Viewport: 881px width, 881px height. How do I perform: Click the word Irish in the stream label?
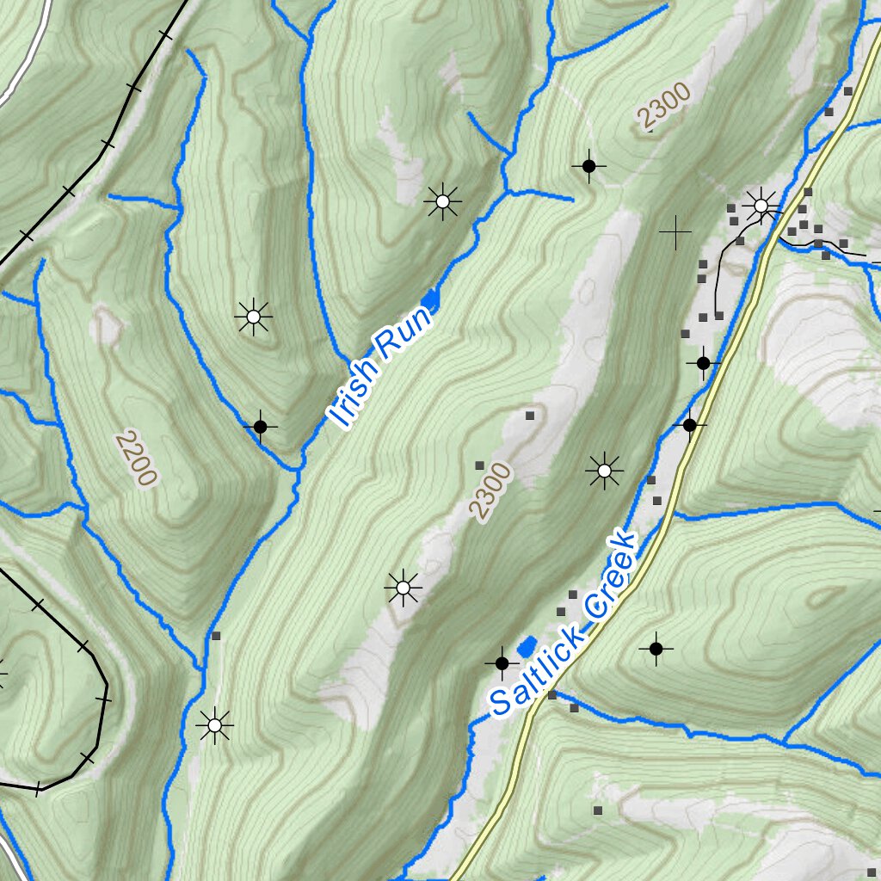[353, 392]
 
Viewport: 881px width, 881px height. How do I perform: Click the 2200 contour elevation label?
[136, 459]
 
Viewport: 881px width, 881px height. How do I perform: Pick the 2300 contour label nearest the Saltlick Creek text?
[491, 490]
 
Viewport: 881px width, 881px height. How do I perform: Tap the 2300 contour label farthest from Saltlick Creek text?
[663, 107]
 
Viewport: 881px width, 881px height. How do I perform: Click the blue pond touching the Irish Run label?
[433, 298]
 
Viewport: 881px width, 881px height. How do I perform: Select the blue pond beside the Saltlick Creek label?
[527, 645]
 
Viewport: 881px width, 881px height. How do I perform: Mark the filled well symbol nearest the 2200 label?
[260, 426]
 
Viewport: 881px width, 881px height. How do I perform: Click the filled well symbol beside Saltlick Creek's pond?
[502, 662]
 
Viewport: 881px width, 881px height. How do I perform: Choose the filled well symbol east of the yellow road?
[656, 648]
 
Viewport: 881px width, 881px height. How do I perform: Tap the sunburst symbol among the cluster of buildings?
[761, 205]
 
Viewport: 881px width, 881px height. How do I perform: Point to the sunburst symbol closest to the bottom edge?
[214, 726]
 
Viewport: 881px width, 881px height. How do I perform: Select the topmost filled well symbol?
[588, 165]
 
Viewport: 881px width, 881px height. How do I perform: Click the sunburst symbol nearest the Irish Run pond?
[442, 202]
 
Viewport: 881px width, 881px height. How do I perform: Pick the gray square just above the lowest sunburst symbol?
[216, 636]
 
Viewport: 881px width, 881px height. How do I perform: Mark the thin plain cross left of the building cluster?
[675, 231]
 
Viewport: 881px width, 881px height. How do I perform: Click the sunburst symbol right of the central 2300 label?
[604, 471]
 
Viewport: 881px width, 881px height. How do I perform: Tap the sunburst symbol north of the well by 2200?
[253, 317]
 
